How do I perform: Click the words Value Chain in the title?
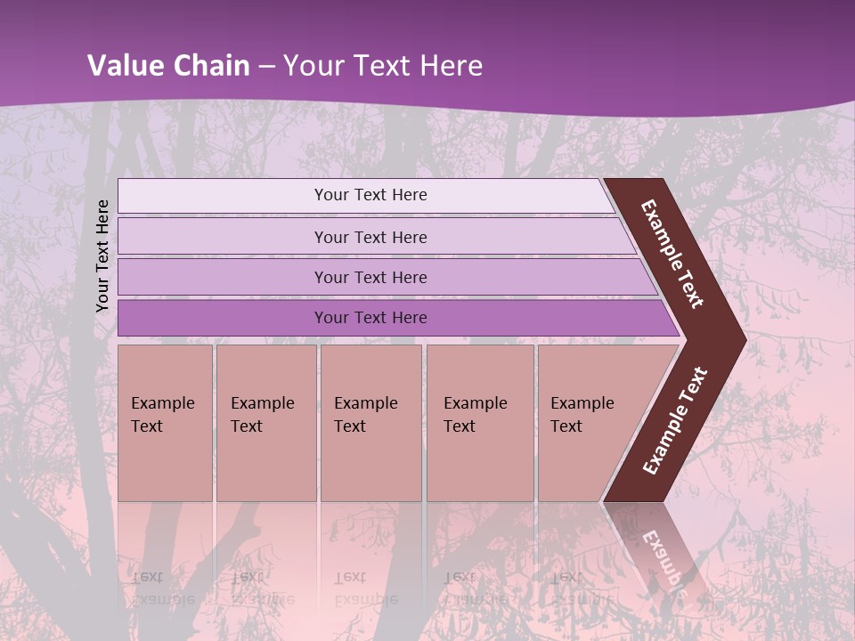pos(168,65)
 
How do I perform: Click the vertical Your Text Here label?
pos(102,256)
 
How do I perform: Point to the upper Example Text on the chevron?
pos(672,254)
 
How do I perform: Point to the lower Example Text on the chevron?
pos(675,420)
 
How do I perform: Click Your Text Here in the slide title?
pos(383,65)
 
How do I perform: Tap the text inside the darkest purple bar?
pos(370,318)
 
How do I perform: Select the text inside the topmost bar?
pos(370,195)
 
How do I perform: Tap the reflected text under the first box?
pos(163,588)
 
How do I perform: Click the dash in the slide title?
pos(266,65)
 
